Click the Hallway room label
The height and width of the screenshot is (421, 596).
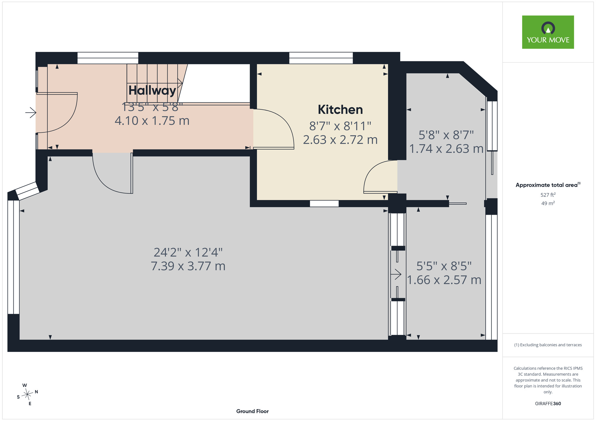[x=152, y=91]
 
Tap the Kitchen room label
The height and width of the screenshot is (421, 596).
[x=340, y=110]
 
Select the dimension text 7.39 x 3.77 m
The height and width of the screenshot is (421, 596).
[x=188, y=266]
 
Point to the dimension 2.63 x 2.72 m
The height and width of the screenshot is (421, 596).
[x=340, y=140]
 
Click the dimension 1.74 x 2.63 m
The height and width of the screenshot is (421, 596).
[x=446, y=149]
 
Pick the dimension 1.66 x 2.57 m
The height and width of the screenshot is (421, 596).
[x=444, y=280]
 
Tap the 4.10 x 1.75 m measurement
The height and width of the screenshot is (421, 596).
[x=152, y=121]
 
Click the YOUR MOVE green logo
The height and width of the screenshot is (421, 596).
[x=548, y=32]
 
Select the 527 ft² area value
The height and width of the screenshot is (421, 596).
[x=548, y=195]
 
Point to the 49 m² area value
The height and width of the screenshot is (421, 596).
[x=548, y=203]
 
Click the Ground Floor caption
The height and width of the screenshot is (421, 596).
[x=252, y=411]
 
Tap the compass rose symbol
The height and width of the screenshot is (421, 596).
[x=27, y=395]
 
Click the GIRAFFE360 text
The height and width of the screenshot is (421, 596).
[x=548, y=404]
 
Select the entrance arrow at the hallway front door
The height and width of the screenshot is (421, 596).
[x=31, y=113]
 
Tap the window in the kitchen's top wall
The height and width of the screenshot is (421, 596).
[x=321, y=58]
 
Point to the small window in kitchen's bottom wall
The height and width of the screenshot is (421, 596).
[x=324, y=204]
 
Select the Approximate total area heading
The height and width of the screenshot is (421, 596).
[x=548, y=185]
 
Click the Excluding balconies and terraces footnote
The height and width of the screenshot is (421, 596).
[x=548, y=345]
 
